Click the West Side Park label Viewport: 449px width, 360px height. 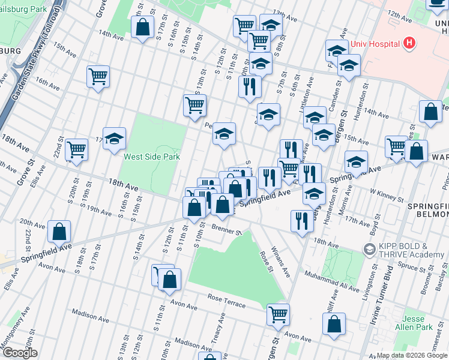[151, 157]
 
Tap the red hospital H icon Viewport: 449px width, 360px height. [409, 43]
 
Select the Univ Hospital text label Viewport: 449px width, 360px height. [380, 44]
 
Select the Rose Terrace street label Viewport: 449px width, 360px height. [226, 301]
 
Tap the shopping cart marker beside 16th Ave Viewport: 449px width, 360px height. [97, 76]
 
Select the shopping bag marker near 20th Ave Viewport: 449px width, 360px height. [59, 231]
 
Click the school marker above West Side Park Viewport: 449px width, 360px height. [114, 139]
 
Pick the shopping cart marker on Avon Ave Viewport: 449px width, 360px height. [278, 314]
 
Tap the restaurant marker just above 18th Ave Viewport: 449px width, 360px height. [300, 220]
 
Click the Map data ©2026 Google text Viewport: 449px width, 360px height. [411, 355]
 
